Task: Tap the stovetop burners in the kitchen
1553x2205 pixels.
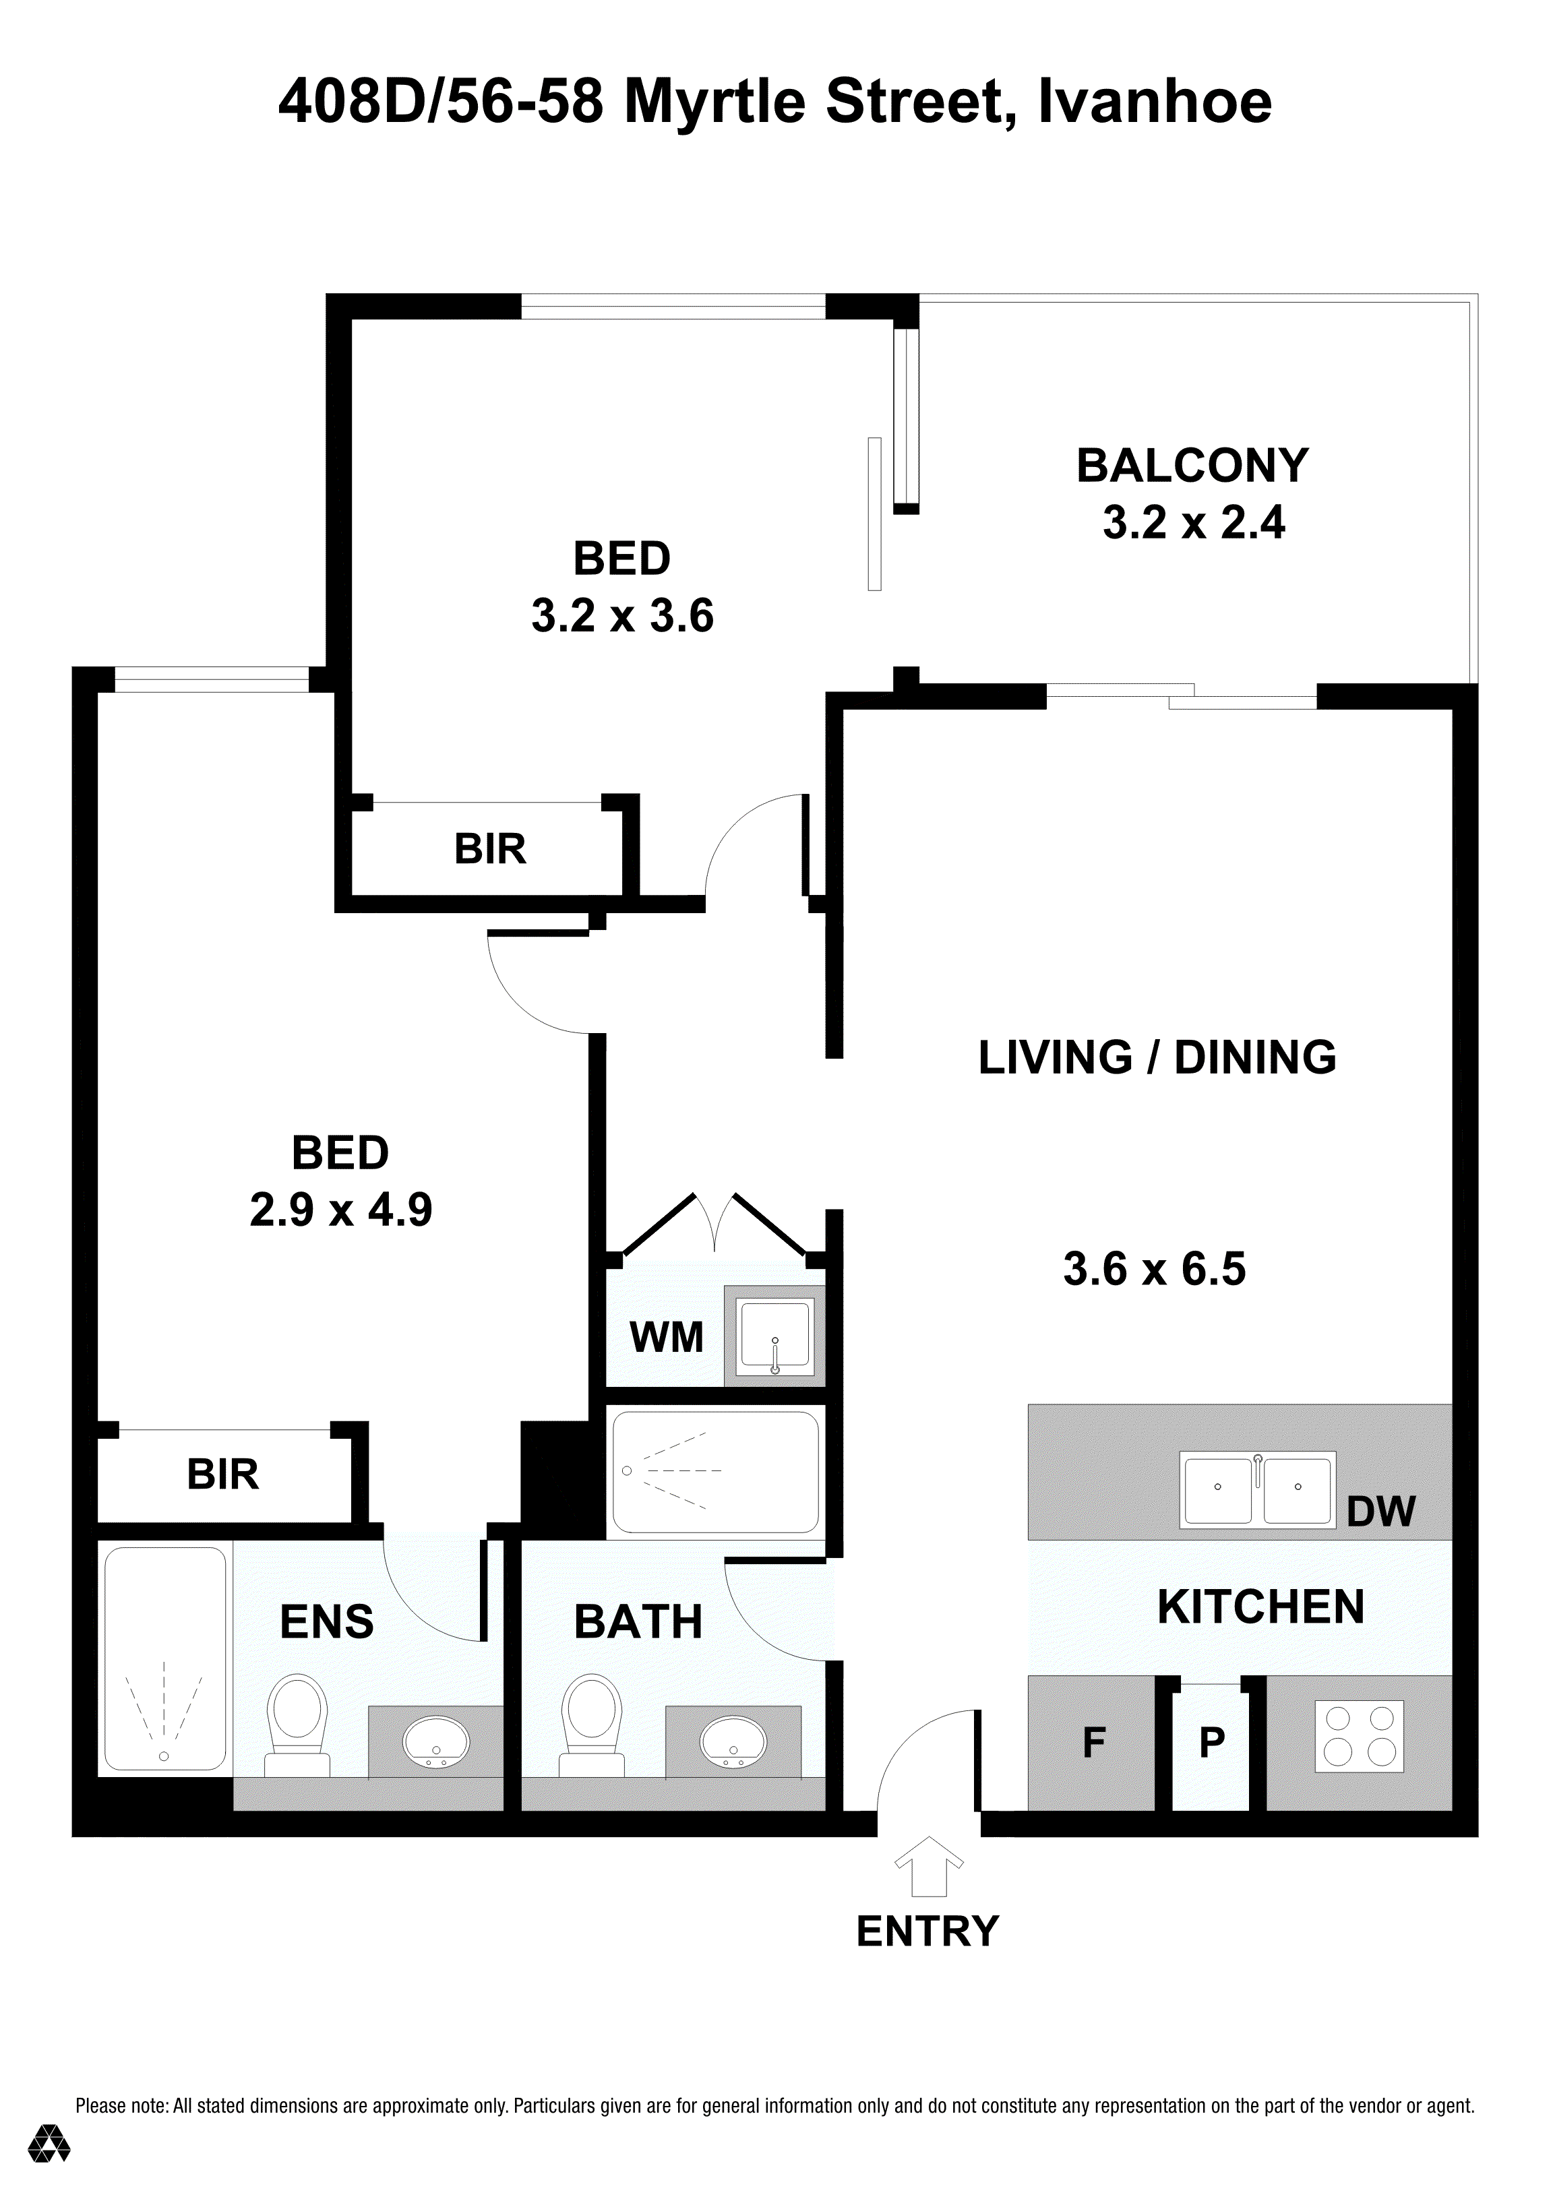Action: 1358,1737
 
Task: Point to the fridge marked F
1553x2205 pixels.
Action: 1092,1741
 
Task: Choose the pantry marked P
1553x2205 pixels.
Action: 1211,1741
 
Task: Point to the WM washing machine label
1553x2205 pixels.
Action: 667,1337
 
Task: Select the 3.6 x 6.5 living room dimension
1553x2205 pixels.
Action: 1155,1269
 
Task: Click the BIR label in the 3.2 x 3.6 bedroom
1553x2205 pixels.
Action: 490,850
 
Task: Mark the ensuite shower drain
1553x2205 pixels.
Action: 164,1756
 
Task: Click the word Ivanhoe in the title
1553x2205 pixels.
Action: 1157,102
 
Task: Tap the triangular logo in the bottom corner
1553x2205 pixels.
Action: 49,2142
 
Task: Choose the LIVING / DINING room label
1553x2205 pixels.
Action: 1157,1057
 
